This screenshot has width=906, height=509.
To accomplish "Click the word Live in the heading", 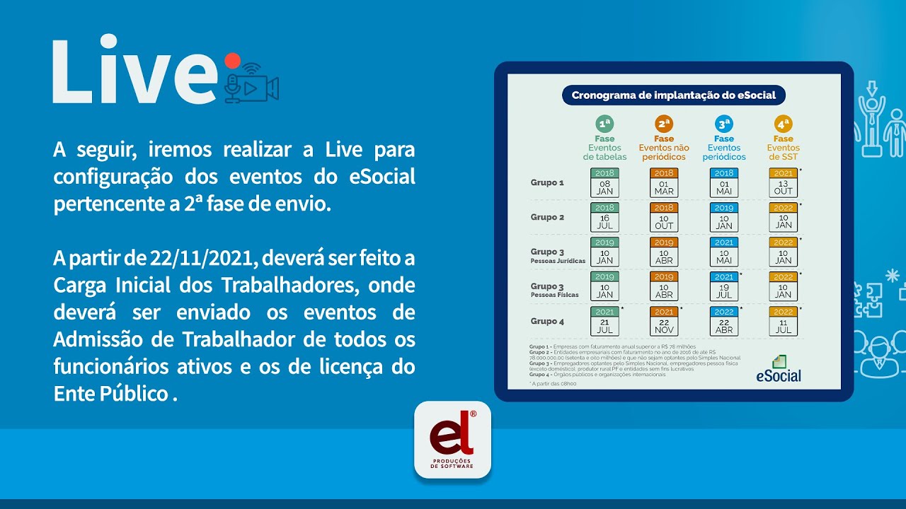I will pyautogui.click(x=134, y=72).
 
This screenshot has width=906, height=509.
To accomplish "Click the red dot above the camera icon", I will pyautogui.click(x=232, y=61).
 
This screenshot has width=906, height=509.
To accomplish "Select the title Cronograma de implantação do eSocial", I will pyautogui.click(x=673, y=95).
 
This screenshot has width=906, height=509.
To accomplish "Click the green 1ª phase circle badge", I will pyautogui.click(x=604, y=124).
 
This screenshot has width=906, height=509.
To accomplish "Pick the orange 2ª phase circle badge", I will pyautogui.click(x=664, y=124).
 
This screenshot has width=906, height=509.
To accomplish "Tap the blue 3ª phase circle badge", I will pyautogui.click(x=723, y=124).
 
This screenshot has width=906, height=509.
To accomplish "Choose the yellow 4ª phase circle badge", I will pyautogui.click(x=783, y=124).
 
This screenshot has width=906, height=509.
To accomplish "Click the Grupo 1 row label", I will pyautogui.click(x=547, y=182).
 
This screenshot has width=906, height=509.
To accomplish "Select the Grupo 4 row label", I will pyautogui.click(x=547, y=321).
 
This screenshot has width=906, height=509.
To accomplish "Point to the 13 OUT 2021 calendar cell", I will pyautogui.click(x=783, y=182).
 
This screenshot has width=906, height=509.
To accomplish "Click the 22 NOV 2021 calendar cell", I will pyautogui.click(x=664, y=321).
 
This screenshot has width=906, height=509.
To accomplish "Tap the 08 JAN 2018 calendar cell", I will pyautogui.click(x=604, y=182).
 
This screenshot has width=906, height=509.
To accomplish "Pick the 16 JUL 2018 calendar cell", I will pyautogui.click(x=604, y=217).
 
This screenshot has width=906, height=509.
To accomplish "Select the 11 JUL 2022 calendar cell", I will pyautogui.click(x=783, y=321).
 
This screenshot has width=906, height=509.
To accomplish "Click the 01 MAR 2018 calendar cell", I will pyautogui.click(x=664, y=182).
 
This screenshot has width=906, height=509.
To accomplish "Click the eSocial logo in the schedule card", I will pyautogui.click(x=779, y=370).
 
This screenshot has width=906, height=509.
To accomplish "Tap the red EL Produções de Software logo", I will pyautogui.click(x=452, y=440).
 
